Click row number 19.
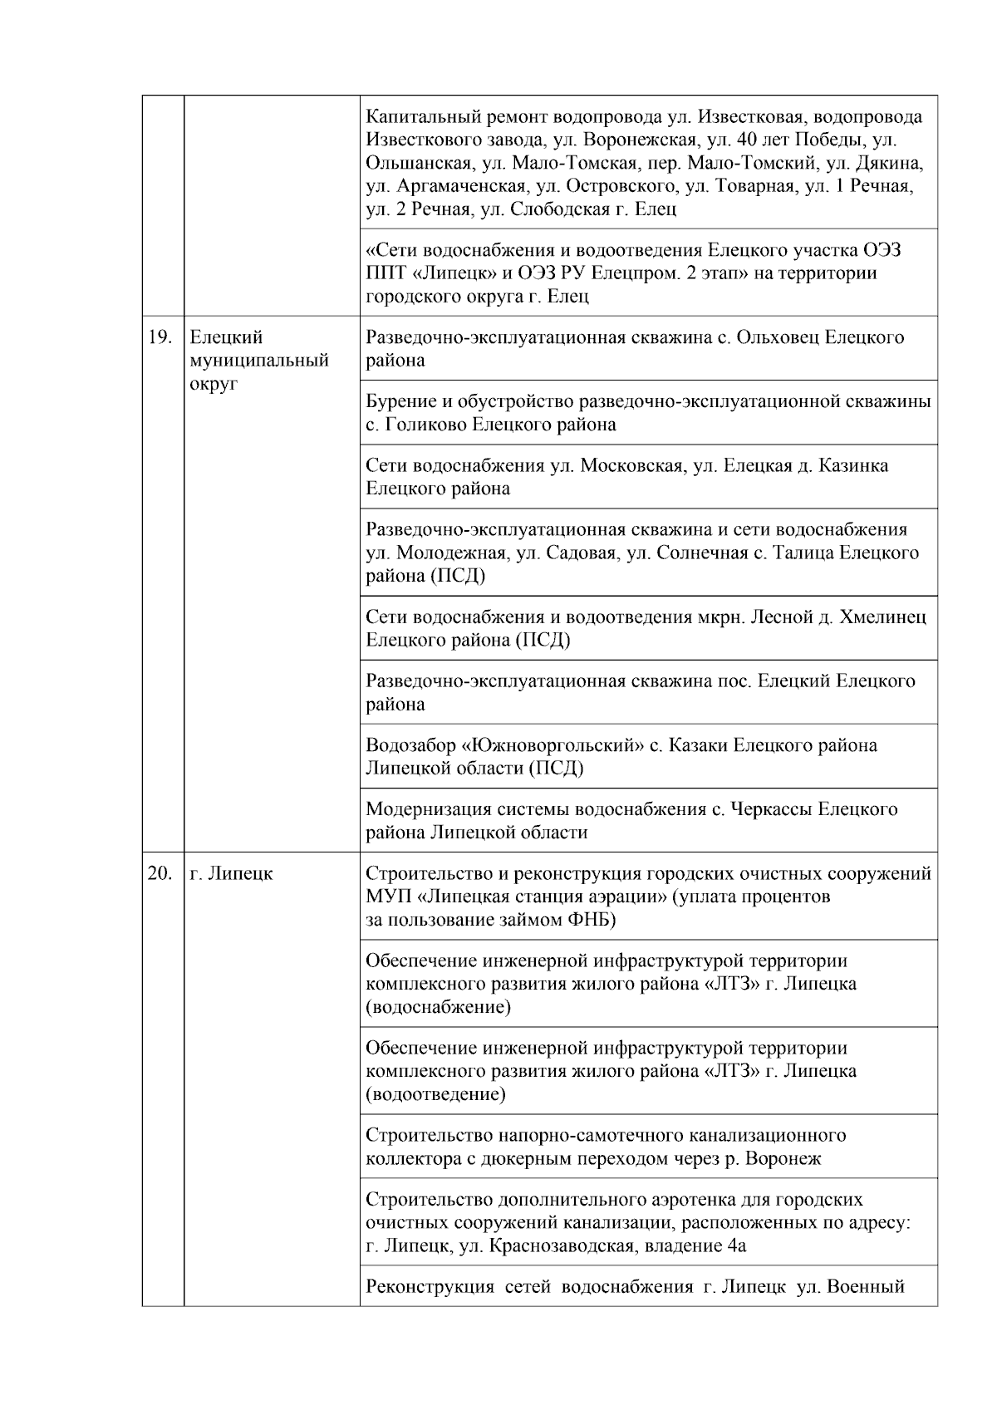[x=159, y=337]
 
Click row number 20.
[x=159, y=874]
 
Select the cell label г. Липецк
[x=231, y=874]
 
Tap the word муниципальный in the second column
[x=259, y=361]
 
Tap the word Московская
[x=632, y=465]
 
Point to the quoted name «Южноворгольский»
[x=553, y=745]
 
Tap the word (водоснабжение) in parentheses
[x=439, y=1007]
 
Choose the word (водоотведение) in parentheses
[x=435, y=1094]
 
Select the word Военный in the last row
[x=866, y=1287]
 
